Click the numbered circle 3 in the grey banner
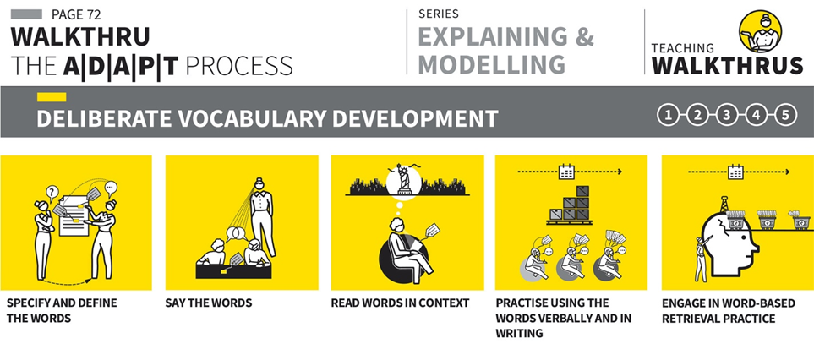pos(727,116)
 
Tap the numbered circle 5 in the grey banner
pos(785,116)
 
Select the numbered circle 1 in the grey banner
pos(668,116)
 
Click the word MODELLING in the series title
pos(492,64)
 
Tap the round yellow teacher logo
pos(760,31)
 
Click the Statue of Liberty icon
pos(404,180)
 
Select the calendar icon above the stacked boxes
pos(565,172)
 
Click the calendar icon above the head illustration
pos(735,172)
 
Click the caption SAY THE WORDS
pos(209,303)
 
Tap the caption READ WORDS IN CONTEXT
pos(401,303)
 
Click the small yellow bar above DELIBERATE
pos(52,97)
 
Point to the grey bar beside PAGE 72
pos(26,14)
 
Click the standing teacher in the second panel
pos(262,215)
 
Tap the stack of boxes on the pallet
pos(570,205)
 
